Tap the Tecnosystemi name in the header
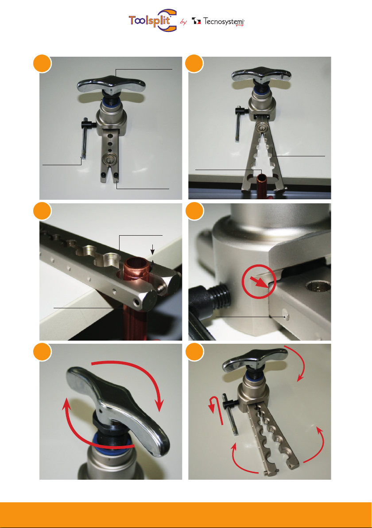pyautogui.click(x=224, y=21)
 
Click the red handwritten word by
pyautogui.click(x=183, y=22)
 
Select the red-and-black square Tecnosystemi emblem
pyautogui.click(x=196, y=21)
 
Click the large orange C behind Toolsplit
pyautogui.click(x=168, y=20)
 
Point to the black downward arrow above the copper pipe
pyautogui.click(x=152, y=249)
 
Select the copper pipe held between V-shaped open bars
pyautogui.click(x=262, y=185)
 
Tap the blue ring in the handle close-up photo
pyautogui.click(x=107, y=442)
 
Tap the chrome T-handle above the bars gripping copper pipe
pyautogui.click(x=261, y=75)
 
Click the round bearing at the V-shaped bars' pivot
pyautogui.click(x=262, y=127)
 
